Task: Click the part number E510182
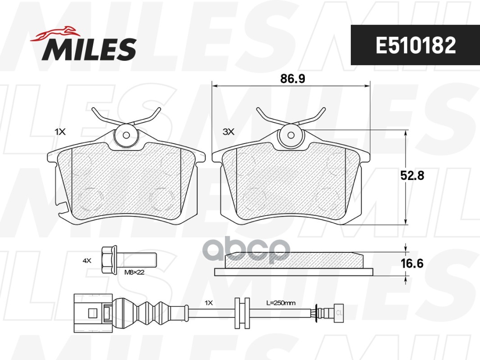click(x=416, y=45)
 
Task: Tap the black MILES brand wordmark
click(x=89, y=49)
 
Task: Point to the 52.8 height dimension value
click(x=412, y=175)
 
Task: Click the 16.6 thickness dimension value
click(x=412, y=263)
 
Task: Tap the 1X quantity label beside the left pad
click(x=60, y=132)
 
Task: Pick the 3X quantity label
click(x=228, y=132)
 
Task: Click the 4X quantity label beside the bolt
click(x=87, y=261)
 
